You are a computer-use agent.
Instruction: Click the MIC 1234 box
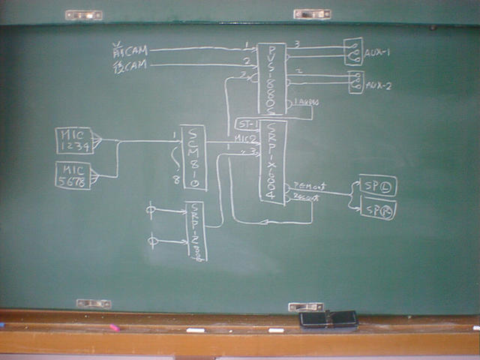tap(74, 140)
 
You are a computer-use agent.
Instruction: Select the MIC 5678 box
tap(73, 175)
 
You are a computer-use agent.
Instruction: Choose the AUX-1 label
tap(377, 52)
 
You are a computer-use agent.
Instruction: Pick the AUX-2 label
tap(377, 85)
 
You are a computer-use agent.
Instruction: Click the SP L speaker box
tap(378, 185)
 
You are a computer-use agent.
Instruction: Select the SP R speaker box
tap(378, 208)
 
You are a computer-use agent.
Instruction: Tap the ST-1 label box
tap(246, 123)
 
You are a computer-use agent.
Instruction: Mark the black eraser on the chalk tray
tap(328, 319)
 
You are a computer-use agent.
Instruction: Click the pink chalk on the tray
tap(114, 328)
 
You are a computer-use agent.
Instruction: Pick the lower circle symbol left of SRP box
tap(153, 241)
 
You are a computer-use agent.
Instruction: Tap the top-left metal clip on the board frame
tap(83, 14)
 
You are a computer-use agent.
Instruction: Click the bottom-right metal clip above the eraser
tap(306, 307)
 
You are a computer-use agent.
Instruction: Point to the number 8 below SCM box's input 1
tap(175, 179)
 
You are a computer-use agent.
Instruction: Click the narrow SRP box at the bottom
tap(195, 231)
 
